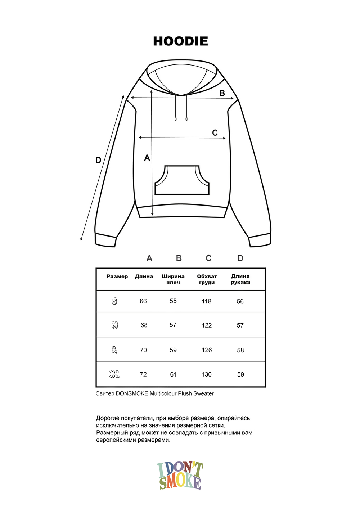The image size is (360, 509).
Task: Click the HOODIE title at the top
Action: coord(180,41)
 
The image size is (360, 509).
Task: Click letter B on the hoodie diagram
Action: coord(222,93)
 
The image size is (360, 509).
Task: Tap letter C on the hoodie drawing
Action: coord(215,133)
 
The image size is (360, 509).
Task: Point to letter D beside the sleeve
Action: coord(98,160)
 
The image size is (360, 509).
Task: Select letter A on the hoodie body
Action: coord(147,158)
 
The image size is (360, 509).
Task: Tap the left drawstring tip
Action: coord(176,119)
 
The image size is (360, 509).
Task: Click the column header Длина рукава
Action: coord(240,279)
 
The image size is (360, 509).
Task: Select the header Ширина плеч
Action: coord(173,279)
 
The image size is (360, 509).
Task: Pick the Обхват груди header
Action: coord(207,279)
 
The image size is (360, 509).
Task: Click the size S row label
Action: coord(115,301)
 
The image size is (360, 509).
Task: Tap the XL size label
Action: coord(115,375)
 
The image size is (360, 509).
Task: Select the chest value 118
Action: coord(207,301)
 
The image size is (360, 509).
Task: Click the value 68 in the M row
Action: coord(144,325)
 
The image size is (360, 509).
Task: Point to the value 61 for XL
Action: coord(174,374)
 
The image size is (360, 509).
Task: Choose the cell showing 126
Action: coord(207,350)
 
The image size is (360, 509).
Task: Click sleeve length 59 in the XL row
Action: coord(240,374)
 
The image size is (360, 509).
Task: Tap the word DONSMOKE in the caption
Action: coord(132,393)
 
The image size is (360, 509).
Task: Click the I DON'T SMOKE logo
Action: coord(180,476)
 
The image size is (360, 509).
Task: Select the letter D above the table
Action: coord(240,258)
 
